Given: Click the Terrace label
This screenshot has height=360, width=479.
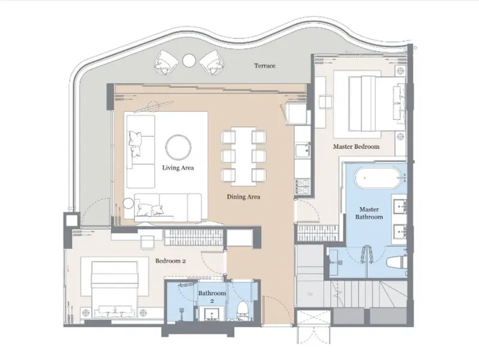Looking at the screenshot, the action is pyautogui.click(x=264, y=66).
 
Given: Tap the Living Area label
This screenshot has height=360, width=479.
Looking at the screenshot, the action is pyautogui.click(x=178, y=167).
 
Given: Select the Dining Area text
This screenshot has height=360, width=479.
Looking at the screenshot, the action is pyautogui.click(x=243, y=197).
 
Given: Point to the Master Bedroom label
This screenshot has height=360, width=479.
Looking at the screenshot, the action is pyautogui.click(x=356, y=146).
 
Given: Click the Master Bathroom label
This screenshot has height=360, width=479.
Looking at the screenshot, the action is pyautogui.click(x=369, y=213).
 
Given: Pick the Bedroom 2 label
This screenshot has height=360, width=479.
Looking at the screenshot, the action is pyautogui.click(x=170, y=261).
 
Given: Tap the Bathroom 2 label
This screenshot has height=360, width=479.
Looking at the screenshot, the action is pyautogui.click(x=212, y=296).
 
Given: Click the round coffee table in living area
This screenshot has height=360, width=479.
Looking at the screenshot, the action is pyautogui.click(x=179, y=147).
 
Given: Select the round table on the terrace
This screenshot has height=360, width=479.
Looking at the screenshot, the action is pyautogui.click(x=189, y=60).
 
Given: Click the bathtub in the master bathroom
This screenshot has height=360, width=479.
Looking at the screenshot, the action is pyautogui.click(x=378, y=178).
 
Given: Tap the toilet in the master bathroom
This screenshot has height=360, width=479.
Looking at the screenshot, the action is pyautogui.click(x=396, y=262).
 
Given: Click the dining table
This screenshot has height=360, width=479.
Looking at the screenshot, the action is pyautogui.click(x=243, y=156).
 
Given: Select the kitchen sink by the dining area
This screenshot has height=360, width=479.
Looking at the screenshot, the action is pyautogui.click(x=302, y=150).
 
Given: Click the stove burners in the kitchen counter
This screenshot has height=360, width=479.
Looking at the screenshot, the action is pyautogui.click(x=302, y=187).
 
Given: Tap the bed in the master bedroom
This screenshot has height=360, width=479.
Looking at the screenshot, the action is pyautogui.click(x=376, y=104).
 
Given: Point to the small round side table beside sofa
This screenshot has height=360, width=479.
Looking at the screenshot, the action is pyautogui.click(x=128, y=203).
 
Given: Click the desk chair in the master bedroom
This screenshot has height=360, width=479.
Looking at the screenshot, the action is pyautogui.click(x=326, y=102).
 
